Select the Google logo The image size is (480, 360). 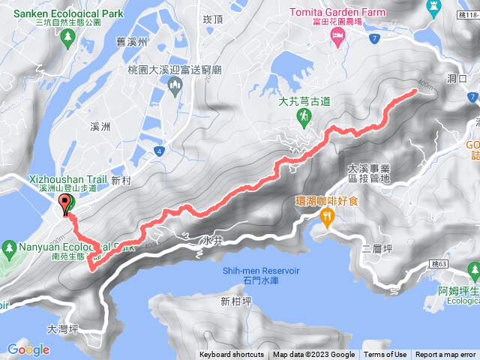pyautogui.click(x=28, y=349)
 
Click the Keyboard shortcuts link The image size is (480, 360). pyautogui.click(x=232, y=355)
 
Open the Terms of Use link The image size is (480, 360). pyautogui.click(x=385, y=355)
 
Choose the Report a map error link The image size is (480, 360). pyautogui.click(x=445, y=355)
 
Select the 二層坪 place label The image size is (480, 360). pyautogui.click(x=376, y=247)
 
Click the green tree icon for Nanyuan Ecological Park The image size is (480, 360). pyautogui.click(x=9, y=247)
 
